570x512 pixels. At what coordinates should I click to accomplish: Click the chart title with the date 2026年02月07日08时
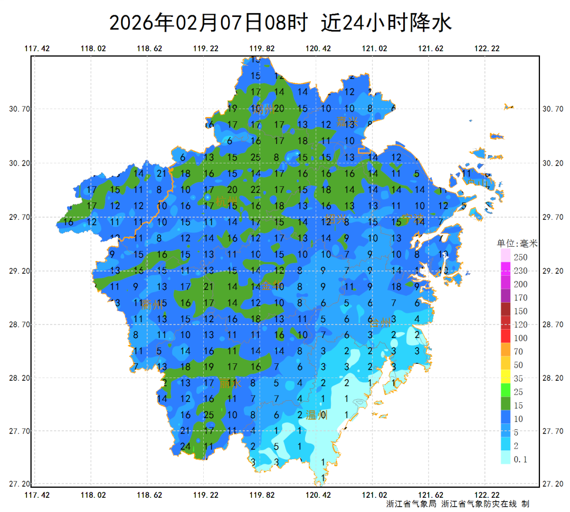tap(280, 23)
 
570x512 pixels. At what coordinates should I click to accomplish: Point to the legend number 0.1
tap(520, 459)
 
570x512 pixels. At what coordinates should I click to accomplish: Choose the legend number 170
tap(520, 297)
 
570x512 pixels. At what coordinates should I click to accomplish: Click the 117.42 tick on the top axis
tap(37, 49)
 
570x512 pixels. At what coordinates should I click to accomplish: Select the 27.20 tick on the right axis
tap(553, 484)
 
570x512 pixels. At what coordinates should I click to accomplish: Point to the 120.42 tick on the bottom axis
tap(318, 495)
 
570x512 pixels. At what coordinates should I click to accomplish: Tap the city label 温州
tap(317, 416)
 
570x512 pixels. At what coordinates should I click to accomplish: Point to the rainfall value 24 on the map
tap(185, 447)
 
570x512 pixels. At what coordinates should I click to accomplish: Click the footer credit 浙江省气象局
tap(411, 504)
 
